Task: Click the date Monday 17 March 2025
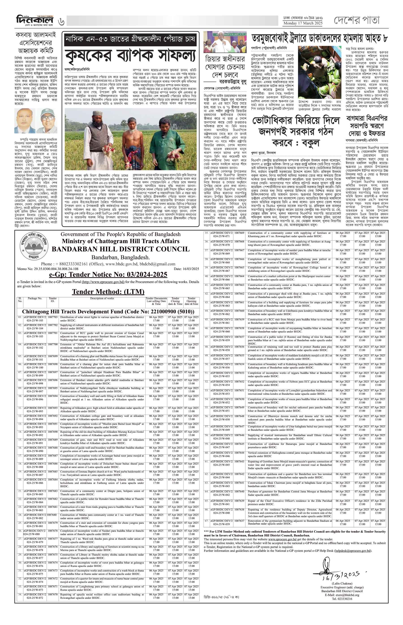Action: (x=303, y=23)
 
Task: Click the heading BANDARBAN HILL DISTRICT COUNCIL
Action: (x=121, y=249)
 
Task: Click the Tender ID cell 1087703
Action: (x=53, y=317)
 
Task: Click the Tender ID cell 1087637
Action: (x=239, y=521)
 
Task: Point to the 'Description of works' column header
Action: (x=102, y=298)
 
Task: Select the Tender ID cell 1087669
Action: (x=239, y=233)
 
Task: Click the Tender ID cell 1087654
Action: (x=239, y=364)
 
